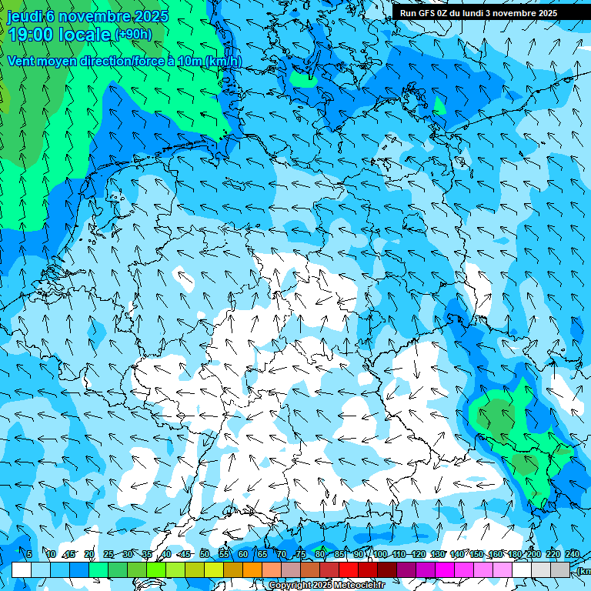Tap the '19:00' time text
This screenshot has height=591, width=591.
30,35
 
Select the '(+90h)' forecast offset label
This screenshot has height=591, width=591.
133,35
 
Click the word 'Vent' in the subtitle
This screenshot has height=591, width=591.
20,62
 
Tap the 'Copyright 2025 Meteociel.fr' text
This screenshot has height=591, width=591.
326,586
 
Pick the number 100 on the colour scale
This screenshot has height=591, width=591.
380,554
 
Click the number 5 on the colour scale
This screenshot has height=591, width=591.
28,554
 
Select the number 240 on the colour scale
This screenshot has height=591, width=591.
573,554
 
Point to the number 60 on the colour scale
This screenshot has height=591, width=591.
243,554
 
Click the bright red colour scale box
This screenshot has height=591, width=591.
349,569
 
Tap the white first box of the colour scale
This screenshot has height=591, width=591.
22,569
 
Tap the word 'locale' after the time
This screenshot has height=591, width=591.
85,35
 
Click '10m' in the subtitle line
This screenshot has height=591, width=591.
188,62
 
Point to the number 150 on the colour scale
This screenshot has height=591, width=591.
476,554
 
